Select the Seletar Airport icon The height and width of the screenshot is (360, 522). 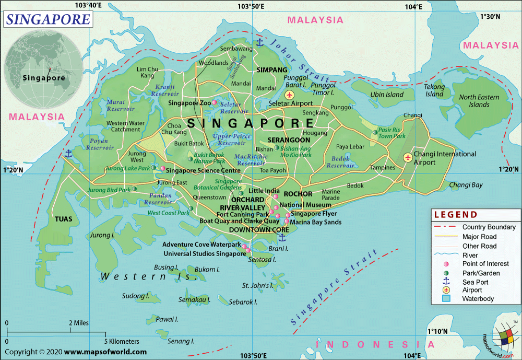pos(289,95)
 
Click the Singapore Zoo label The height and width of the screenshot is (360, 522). pos(189,103)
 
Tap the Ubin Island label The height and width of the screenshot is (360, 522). pos(387,95)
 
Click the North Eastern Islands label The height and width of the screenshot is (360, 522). pos(479,101)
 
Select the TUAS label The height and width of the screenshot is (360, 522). pos(63,219)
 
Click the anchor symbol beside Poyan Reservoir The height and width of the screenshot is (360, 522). pos(68,154)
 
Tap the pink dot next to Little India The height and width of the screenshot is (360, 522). pos(276,191)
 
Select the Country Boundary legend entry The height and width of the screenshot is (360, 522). pos(489,227)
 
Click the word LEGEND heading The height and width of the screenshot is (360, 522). pos(455,215)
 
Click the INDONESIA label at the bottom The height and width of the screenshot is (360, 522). pos(374,344)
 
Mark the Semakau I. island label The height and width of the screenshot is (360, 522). pos(194,300)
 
